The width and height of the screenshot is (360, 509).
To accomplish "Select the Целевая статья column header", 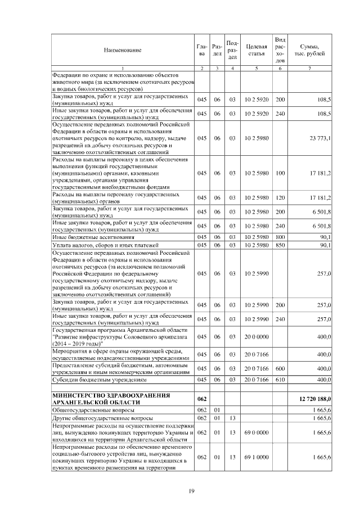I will [256, 49].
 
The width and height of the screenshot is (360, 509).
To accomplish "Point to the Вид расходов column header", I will [280, 49].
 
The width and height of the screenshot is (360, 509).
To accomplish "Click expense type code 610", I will [280, 380].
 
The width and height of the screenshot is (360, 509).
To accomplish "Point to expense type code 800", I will [280, 237].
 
